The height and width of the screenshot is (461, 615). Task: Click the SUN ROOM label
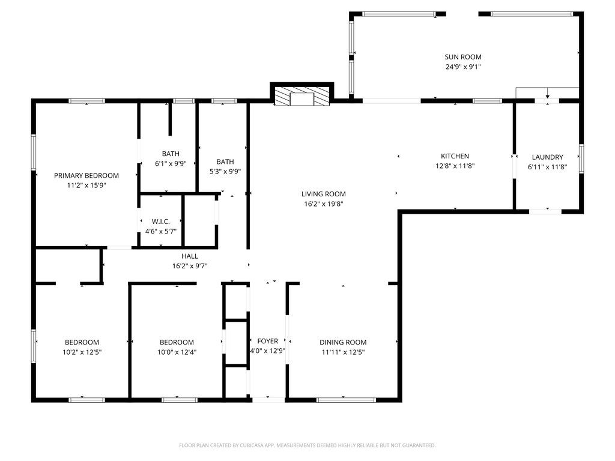click(462, 57)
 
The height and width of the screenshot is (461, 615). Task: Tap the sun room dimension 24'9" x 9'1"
click(462, 67)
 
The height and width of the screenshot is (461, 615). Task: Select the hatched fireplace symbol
click(301, 97)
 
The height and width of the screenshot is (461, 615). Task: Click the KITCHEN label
click(455, 156)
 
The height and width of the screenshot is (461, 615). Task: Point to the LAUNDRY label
click(547, 157)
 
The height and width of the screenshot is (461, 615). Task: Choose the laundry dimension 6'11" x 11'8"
click(547, 167)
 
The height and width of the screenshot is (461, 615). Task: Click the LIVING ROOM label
click(323, 194)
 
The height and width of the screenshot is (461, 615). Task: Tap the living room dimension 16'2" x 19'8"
click(323, 204)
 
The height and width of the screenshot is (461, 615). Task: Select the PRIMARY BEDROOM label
click(86, 176)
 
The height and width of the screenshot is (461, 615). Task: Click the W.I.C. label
click(161, 221)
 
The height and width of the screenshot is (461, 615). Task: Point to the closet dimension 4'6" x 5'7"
click(161, 232)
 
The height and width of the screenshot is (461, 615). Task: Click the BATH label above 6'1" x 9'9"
click(171, 154)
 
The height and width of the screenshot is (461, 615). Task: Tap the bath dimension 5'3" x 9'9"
click(225, 172)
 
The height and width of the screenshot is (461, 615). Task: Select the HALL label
click(189, 256)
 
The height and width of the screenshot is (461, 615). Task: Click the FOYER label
click(267, 342)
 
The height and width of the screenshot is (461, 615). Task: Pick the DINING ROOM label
click(342, 342)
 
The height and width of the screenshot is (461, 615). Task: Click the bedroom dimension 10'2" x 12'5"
click(82, 352)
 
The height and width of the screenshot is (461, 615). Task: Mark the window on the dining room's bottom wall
click(346, 400)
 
